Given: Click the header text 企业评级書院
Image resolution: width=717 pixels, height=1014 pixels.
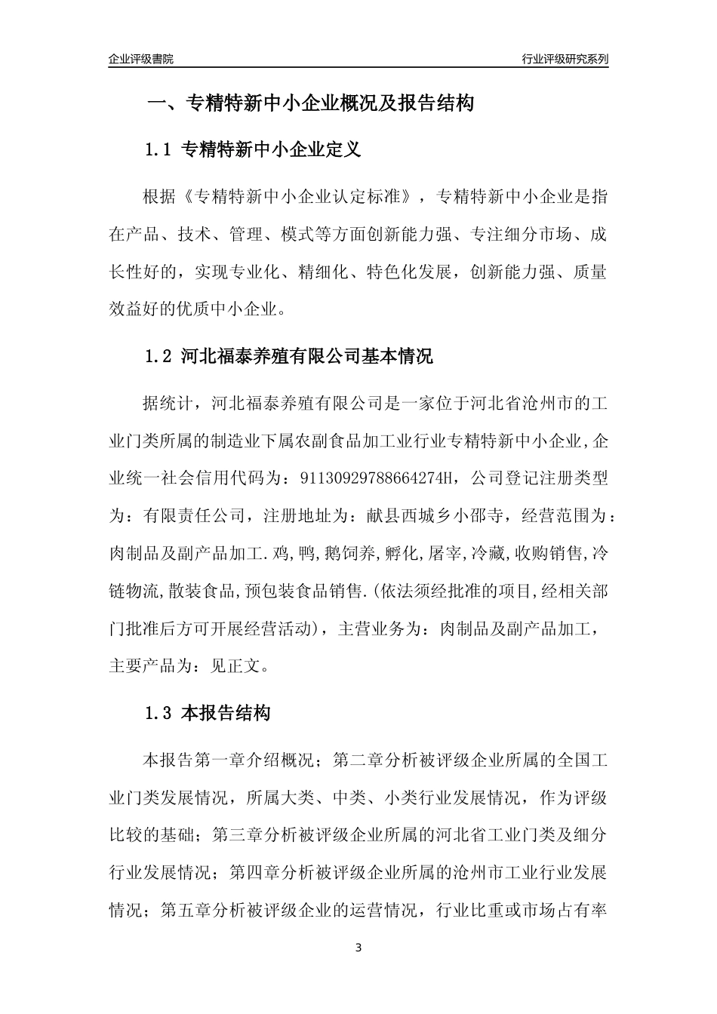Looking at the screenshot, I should (x=141, y=59).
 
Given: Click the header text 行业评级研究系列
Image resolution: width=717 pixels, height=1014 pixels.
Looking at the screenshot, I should (x=565, y=59).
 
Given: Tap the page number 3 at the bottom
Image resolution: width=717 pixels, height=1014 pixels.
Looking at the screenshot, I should (x=358, y=948).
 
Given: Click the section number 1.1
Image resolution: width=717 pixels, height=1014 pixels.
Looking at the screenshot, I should (x=159, y=149).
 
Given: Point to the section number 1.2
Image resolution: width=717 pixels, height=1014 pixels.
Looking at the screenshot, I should (x=159, y=356).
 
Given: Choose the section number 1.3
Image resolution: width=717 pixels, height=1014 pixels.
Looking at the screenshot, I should (x=159, y=713).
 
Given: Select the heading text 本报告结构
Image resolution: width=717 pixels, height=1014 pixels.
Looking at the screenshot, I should (x=226, y=713).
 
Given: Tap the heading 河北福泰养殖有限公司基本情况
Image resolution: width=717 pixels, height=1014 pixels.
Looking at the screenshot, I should (x=307, y=356).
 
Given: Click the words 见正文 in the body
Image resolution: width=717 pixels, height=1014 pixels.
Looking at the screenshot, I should (x=235, y=666).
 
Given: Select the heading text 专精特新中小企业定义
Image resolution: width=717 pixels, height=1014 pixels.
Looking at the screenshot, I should (x=272, y=149).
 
